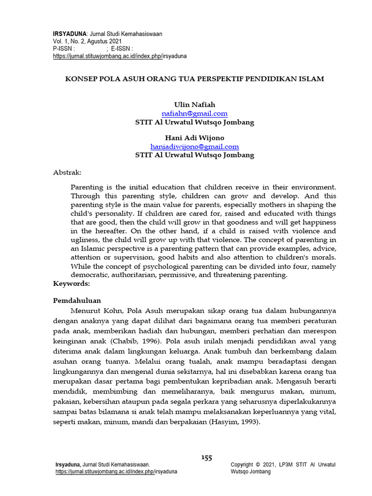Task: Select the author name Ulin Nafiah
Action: pos(194,105)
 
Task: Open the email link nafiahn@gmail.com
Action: pos(194,113)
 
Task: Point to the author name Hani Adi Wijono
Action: pos(194,138)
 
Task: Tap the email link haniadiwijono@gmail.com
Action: pos(194,146)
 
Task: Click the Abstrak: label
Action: pos(67,172)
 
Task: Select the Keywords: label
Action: pos(71,283)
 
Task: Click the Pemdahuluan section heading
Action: pos(77,300)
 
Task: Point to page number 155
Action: pos(207,458)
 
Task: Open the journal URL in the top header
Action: pos(119,56)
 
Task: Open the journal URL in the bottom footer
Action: pos(116,472)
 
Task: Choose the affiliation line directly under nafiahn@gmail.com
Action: pos(194,122)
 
